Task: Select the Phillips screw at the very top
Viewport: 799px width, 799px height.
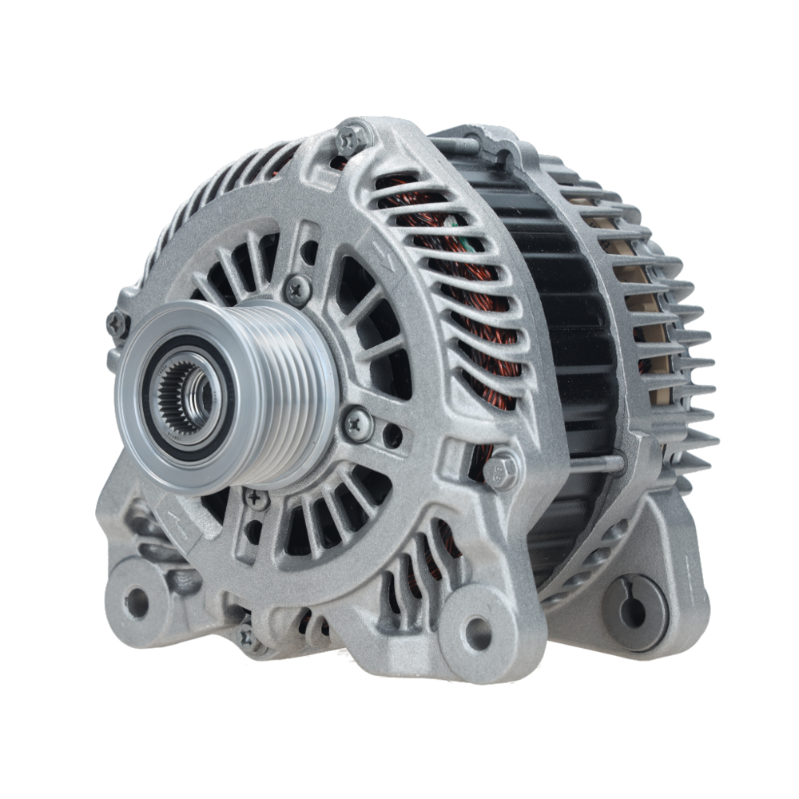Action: click(352, 140)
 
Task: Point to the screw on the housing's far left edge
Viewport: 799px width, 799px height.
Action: click(117, 324)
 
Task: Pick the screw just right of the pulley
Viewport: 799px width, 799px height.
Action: click(356, 421)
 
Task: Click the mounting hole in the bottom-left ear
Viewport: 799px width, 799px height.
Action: click(137, 602)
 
